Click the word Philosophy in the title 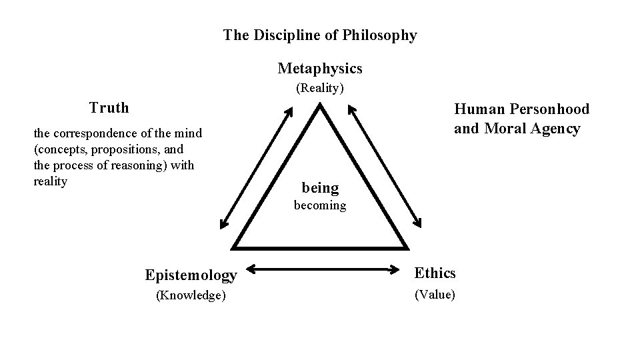coord(380,35)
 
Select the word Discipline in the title coord(285,35)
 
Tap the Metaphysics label coord(320,69)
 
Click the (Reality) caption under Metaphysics coord(320,88)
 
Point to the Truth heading coord(109,107)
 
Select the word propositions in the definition coord(117,149)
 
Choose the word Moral coord(505,129)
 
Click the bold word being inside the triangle coord(320,188)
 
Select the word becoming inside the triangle coord(320,205)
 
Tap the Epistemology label coord(191,275)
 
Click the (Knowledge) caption coord(191,295)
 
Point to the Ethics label coord(435,273)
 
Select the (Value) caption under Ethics coord(435,294)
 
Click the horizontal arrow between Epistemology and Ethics coord(322,270)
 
